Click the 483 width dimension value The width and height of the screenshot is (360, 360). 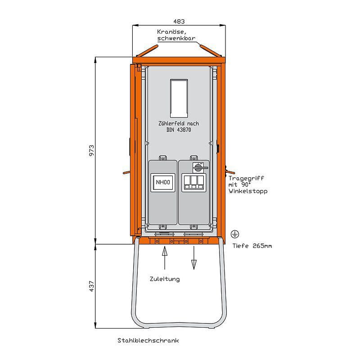(x=179, y=21)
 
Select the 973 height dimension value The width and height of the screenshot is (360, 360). (x=92, y=150)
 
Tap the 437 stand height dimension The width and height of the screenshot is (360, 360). (x=92, y=286)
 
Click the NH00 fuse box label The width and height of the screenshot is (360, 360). (x=163, y=182)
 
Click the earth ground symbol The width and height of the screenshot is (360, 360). (x=235, y=234)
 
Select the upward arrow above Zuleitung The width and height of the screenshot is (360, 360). (x=165, y=257)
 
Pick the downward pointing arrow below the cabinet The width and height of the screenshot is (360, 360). (x=194, y=257)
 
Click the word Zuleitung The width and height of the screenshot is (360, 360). (x=165, y=279)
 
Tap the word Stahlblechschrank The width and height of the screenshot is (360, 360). (x=148, y=340)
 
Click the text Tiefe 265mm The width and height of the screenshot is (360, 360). (x=252, y=246)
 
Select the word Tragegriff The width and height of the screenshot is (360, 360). (x=246, y=178)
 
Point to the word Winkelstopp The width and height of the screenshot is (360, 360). (x=248, y=191)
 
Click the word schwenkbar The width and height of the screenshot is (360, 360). (x=176, y=38)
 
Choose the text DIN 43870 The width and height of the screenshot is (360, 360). (x=179, y=130)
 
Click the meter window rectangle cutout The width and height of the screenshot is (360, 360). (x=179, y=98)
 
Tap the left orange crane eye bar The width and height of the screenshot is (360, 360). (x=147, y=50)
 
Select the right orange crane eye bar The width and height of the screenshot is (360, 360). (x=211, y=50)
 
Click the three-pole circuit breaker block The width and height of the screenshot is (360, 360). (x=194, y=183)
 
